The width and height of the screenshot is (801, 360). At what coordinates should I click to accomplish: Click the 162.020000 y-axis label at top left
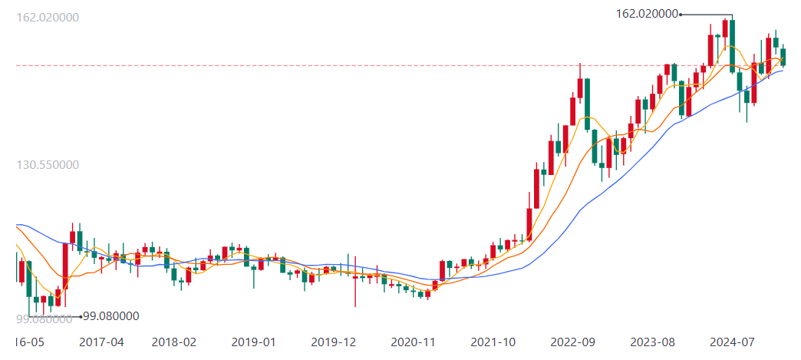48,17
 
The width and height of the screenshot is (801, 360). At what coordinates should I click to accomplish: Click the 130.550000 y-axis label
48,164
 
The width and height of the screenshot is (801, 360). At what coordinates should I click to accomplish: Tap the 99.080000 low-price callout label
110,315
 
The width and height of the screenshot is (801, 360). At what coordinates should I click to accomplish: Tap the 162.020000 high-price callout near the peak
647,14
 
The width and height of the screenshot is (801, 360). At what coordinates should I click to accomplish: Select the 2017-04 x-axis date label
101,342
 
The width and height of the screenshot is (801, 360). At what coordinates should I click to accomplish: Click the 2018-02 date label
174,342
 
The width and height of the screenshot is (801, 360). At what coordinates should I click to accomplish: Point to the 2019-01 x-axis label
253,342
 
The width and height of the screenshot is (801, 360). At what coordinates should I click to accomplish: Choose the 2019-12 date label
333,342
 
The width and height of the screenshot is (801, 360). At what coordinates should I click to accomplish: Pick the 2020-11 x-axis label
414,342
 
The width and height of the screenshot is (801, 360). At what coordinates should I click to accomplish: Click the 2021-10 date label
493,342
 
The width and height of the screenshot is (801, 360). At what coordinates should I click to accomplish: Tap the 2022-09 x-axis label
573,342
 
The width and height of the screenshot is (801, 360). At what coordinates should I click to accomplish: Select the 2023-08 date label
652,342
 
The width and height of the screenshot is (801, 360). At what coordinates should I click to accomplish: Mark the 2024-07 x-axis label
732,342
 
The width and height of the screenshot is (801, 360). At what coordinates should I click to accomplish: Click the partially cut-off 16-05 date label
29,342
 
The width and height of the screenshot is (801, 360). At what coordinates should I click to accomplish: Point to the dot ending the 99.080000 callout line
80,316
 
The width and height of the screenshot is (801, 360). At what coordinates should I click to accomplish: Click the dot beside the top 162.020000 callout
681,14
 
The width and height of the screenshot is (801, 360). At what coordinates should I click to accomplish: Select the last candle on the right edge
783,57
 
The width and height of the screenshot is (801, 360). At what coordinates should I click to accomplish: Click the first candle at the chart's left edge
21,271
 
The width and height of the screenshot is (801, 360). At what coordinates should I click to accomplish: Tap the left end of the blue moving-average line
17,225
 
